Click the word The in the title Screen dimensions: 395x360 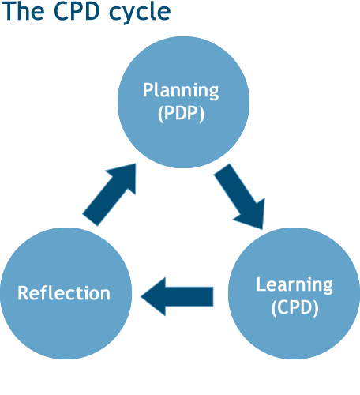[23, 13]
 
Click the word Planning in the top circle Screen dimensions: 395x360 [181, 90]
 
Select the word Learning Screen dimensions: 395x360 [294, 284]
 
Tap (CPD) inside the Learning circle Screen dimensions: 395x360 [294, 307]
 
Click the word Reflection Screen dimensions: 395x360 [64, 293]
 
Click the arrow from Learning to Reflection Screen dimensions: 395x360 [178, 296]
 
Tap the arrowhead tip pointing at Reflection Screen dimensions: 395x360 [142, 296]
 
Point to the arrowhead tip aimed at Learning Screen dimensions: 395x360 [261, 228]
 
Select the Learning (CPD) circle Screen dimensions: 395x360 [294, 296]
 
